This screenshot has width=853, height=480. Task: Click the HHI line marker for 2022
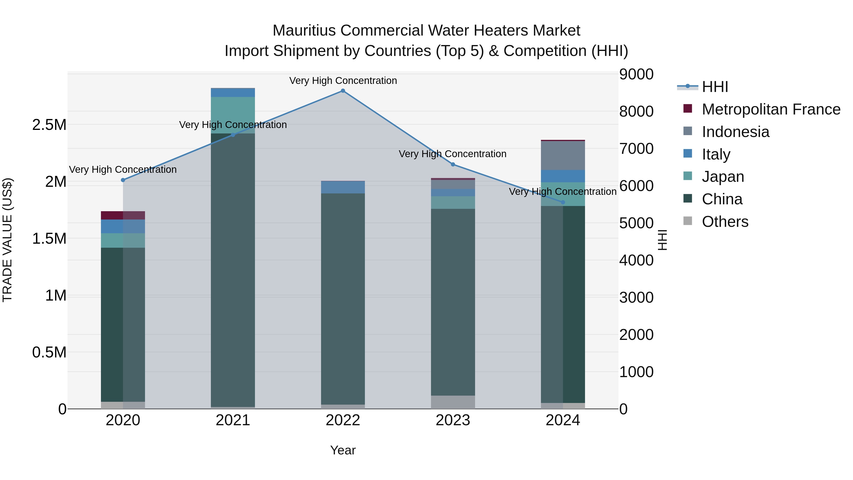[x=343, y=91]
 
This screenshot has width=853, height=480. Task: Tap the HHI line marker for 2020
[x=123, y=180]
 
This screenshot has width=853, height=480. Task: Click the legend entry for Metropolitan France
[x=771, y=109]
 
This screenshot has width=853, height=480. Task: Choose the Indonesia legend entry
[x=735, y=132]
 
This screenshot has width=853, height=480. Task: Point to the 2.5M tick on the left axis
[x=49, y=125]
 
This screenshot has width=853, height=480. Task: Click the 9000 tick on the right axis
[x=636, y=74]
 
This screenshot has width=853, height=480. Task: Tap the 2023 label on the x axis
[x=453, y=420]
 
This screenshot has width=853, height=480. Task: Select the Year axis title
[x=343, y=450]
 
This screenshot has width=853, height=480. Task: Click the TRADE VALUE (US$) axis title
[x=7, y=240]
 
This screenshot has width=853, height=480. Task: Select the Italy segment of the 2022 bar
[x=343, y=187]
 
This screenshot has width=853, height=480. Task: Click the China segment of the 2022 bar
[x=343, y=298]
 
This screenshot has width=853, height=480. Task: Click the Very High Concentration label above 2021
[x=233, y=125]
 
